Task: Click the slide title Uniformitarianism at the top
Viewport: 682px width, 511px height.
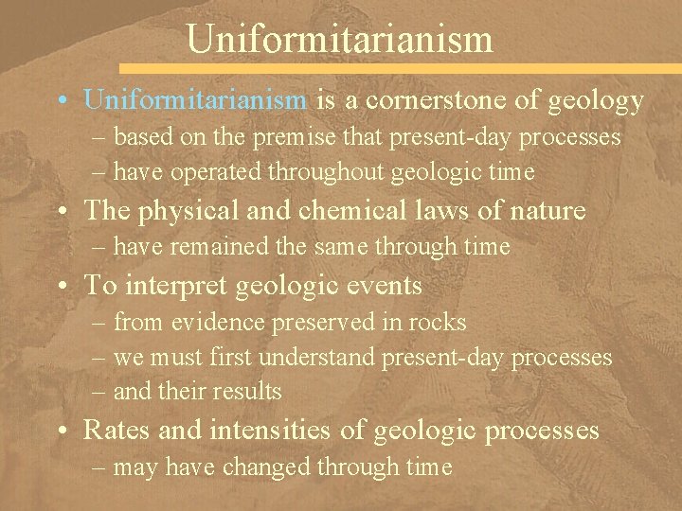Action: coord(340,39)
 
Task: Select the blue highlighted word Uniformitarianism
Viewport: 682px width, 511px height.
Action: coord(195,99)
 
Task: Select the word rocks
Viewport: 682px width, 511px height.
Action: coord(439,323)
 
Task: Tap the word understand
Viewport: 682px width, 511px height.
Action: coord(317,358)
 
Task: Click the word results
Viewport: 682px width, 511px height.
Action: coord(248,392)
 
